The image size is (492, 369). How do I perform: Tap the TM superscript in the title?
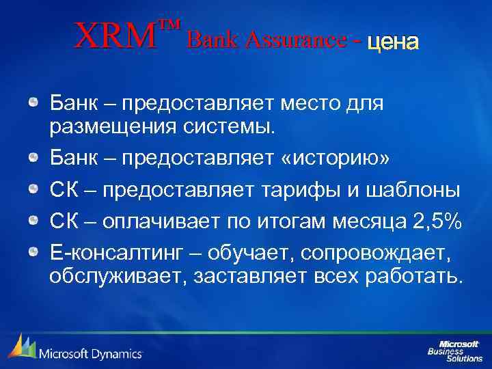click(x=169, y=26)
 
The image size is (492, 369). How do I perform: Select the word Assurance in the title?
click(x=301, y=40)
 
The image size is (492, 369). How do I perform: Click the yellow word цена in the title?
click(x=392, y=42)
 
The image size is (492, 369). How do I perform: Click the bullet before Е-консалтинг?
click(x=33, y=254)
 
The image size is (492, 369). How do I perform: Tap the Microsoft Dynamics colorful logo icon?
click(x=20, y=347)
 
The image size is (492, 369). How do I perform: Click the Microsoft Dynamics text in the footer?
click(x=90, y=353)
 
